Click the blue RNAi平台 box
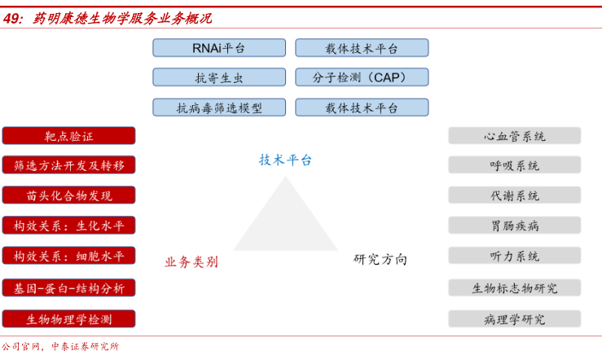tap(218, 48)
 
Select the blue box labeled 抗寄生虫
tap(218, 77)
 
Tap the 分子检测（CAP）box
tap(361, 77)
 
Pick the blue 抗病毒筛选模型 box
tap(218, 107)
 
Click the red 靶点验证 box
tap(68, 136)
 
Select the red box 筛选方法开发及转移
tap(68, 165)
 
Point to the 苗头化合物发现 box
tap(68, 195)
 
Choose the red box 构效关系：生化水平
tap(68, 226)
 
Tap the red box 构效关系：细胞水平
tap(68, 256)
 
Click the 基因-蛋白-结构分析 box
tap(68, 288)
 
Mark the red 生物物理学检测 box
tap(68, 318)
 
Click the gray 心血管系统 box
tap(514, 136)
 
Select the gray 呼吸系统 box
tap(514, 165)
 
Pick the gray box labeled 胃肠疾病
tap(514, 226)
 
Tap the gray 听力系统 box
tap(514, 256)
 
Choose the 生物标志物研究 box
tap(514, 288)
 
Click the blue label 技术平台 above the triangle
tap(285, 160)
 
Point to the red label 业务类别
tap(191, 261)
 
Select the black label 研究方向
tap(380, 259)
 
